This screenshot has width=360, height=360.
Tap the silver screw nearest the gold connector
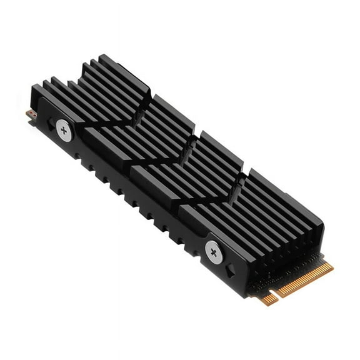(214, 251)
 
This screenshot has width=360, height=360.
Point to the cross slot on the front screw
(214, 251)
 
